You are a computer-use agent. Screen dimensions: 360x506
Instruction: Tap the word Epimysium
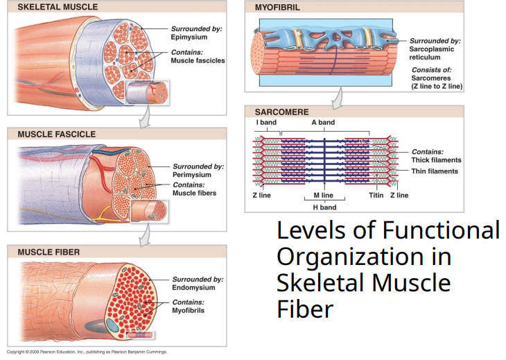[189, 37]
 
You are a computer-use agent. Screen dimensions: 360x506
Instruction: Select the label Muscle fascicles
[198, 61]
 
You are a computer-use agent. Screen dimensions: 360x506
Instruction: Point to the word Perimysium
[192, 175]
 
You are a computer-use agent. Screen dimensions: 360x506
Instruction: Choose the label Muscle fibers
[194, 194]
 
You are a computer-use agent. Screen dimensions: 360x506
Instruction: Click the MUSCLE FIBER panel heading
[49, 252]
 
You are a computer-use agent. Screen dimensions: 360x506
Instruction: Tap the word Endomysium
[193, 288]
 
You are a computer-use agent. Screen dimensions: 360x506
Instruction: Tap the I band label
[267, 123]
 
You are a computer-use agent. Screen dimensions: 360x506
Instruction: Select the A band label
[323, 123]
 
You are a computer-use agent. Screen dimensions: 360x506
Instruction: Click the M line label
[323, 196]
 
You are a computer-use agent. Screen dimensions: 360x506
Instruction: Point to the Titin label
[376, 196]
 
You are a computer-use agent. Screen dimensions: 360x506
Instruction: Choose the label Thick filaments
[436, 160]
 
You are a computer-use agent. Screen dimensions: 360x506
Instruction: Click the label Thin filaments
[435, 171]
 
